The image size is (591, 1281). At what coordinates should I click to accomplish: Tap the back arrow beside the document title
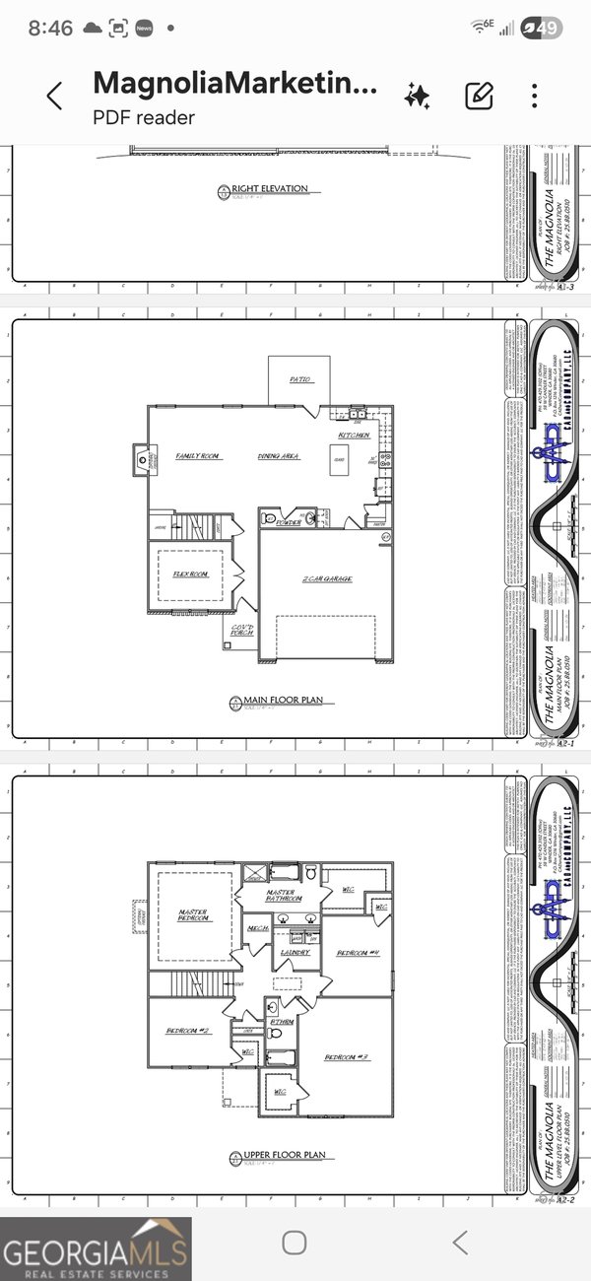(54, 96)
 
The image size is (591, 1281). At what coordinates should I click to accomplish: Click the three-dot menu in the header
(534, 96)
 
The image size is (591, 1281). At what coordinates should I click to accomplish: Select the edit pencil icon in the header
(479, 96)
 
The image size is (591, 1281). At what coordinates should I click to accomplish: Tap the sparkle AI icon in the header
(417, 96)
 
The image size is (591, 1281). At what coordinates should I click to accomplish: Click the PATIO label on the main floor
(300, 378)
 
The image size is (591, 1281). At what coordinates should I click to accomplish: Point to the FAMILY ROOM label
(197, 457)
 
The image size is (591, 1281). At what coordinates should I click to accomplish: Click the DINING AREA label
(279, 457)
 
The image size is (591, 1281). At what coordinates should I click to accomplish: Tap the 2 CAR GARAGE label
(327, 579)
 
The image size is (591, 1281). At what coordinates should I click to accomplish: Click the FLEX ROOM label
(190, 573)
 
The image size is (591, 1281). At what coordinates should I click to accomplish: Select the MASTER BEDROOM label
(193, 916)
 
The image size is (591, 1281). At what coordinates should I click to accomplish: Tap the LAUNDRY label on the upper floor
(295, 953)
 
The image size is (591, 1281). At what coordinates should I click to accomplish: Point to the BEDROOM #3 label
(348, 1057)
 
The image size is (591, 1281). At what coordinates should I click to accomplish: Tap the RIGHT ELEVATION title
(269, 188)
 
